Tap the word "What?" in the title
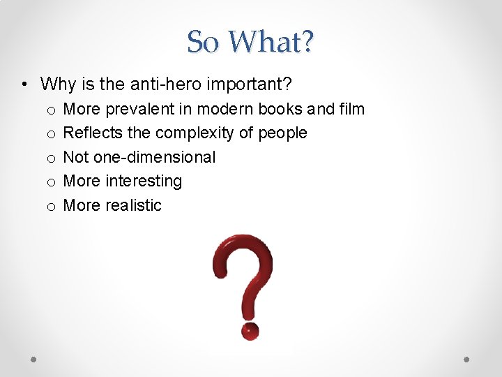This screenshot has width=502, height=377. [271, 42]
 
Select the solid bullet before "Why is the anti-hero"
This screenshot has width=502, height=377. [24, 86]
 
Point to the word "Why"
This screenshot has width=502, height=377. [56, 85]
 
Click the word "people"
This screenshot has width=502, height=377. [282, 133]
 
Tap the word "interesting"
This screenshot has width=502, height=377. [143, 181]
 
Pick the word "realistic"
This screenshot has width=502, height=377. [133, 205]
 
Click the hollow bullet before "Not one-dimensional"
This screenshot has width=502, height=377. [51, 158]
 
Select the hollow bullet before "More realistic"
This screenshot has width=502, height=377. [51, 206]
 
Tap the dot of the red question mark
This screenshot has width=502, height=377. [250, 330]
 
